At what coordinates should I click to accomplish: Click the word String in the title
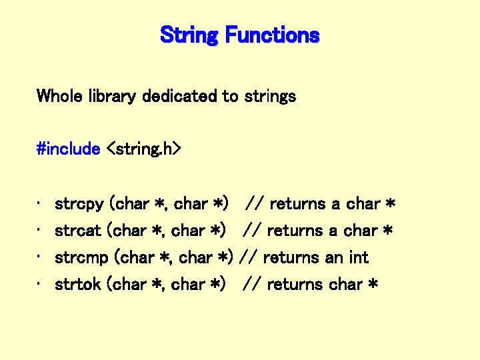189,35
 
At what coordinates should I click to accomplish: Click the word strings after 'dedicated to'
270,96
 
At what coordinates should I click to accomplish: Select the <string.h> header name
143,149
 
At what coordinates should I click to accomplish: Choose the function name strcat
78,231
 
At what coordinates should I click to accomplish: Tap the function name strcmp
82,257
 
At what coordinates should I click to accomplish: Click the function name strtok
78,284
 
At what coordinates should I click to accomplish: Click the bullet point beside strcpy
41,204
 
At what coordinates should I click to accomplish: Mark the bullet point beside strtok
41,284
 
